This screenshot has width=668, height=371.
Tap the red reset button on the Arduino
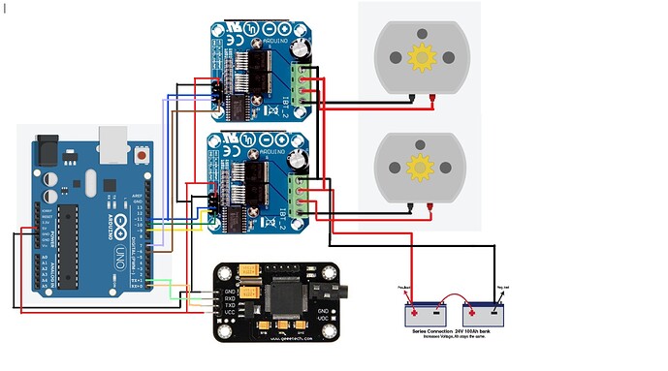[x=144, y=155]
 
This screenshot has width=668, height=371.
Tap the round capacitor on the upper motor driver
[x=303, y=45]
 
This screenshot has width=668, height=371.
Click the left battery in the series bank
[x=426, y=315]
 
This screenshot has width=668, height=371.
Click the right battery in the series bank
[x=490, y=315]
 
